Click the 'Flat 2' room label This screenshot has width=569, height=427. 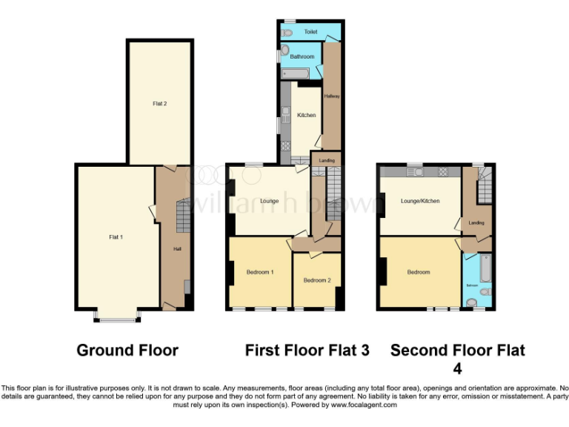159,104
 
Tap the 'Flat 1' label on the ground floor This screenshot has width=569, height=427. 116,236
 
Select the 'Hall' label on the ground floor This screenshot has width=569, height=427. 177,248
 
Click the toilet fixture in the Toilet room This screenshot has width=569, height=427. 287,33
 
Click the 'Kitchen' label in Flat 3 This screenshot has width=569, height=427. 306,115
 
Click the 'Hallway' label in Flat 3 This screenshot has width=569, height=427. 330,96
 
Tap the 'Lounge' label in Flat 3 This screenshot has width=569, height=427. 269,201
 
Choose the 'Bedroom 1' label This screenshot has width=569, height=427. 260,272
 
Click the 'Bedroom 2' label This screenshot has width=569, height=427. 316,279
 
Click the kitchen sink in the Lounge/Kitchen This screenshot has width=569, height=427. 419,173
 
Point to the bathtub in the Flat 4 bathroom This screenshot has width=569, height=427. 485,268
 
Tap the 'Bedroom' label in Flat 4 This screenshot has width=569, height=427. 418,272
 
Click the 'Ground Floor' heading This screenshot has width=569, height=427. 127,350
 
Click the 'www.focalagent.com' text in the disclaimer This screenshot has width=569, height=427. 364,405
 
